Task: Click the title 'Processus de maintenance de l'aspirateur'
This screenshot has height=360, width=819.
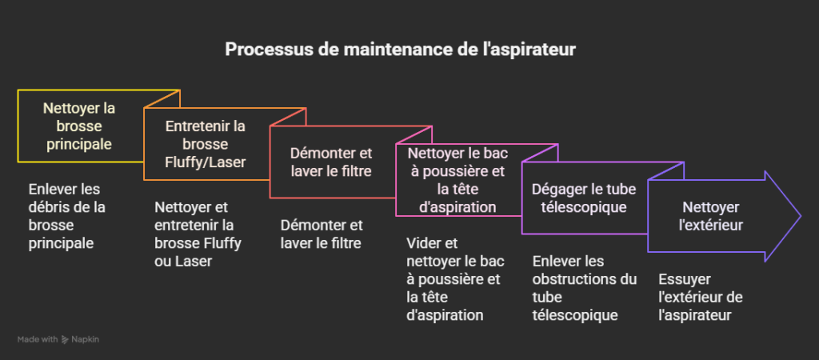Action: [400, 49]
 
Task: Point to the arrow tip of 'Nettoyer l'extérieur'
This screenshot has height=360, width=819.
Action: [800, 216]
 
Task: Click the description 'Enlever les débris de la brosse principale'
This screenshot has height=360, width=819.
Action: [67, 216]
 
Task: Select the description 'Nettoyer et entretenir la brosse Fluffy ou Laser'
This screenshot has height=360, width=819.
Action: [198, 234]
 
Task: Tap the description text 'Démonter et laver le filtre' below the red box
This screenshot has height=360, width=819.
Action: [322, 234]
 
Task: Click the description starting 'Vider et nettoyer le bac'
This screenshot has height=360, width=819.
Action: [455, 279]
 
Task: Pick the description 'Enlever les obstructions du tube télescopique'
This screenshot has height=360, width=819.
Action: [585, 288]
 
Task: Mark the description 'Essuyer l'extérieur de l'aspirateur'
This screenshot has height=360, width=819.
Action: [700, 297]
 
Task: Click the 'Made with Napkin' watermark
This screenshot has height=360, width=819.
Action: [58, 339]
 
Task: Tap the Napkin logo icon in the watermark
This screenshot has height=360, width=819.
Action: [65, 340]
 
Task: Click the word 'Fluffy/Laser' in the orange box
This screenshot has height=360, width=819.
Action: [206, 162]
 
